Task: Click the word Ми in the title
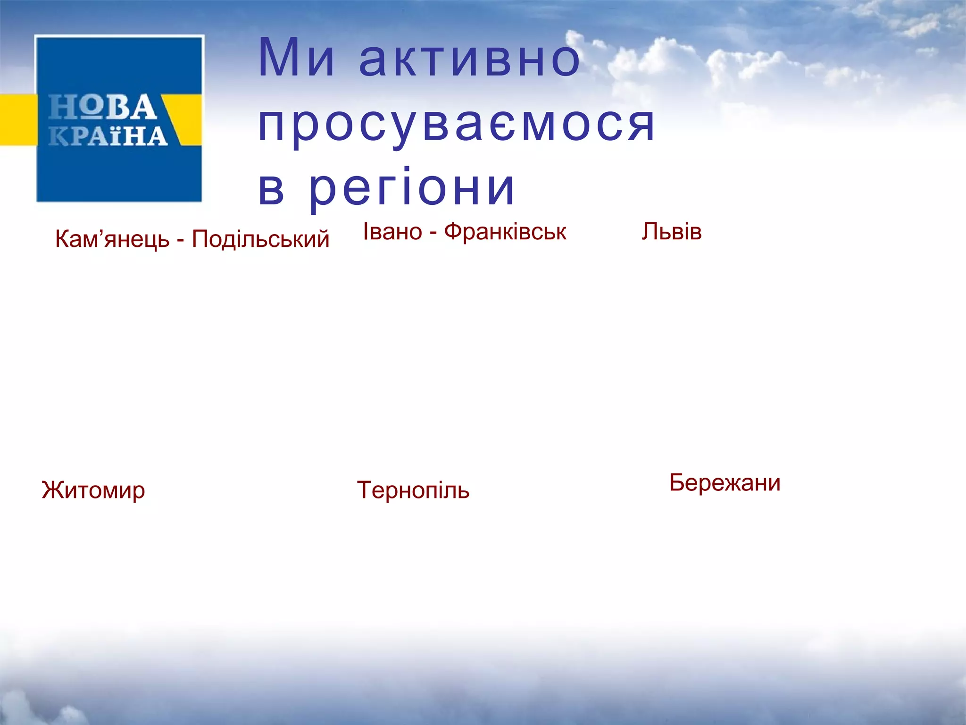[296, 59]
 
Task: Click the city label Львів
[671, 232]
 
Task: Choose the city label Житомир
[93, 490]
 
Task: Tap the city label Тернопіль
[413, 490]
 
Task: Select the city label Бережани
[724, 483]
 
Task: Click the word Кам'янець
[112, 239]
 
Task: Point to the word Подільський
[260, 239]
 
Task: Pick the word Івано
[392, 232]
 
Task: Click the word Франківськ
[505, 232]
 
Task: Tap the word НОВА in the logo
[102, 107]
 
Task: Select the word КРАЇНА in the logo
[108, 136]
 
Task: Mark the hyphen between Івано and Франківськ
[433, 233]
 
